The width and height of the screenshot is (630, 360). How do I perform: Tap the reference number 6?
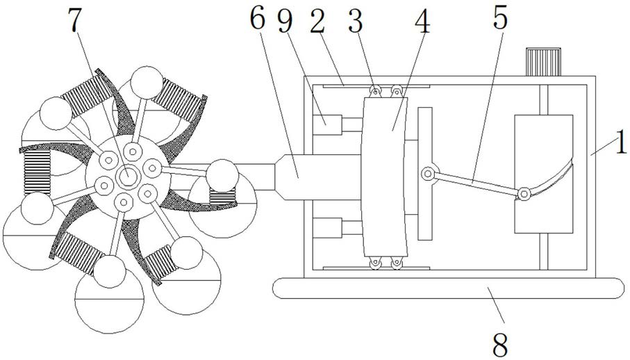click(258, 19)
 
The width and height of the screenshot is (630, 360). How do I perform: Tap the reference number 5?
click(500, 17)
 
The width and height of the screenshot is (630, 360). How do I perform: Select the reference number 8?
click(500, 344)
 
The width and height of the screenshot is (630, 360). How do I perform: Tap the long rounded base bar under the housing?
click(448, 288)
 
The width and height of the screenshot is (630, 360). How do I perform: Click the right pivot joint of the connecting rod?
click(524, 194)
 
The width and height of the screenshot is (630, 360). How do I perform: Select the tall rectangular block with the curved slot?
click(544, 174)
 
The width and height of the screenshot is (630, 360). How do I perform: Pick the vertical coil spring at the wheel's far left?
click(37, 172)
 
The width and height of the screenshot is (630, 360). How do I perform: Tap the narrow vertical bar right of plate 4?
click(424, 174)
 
